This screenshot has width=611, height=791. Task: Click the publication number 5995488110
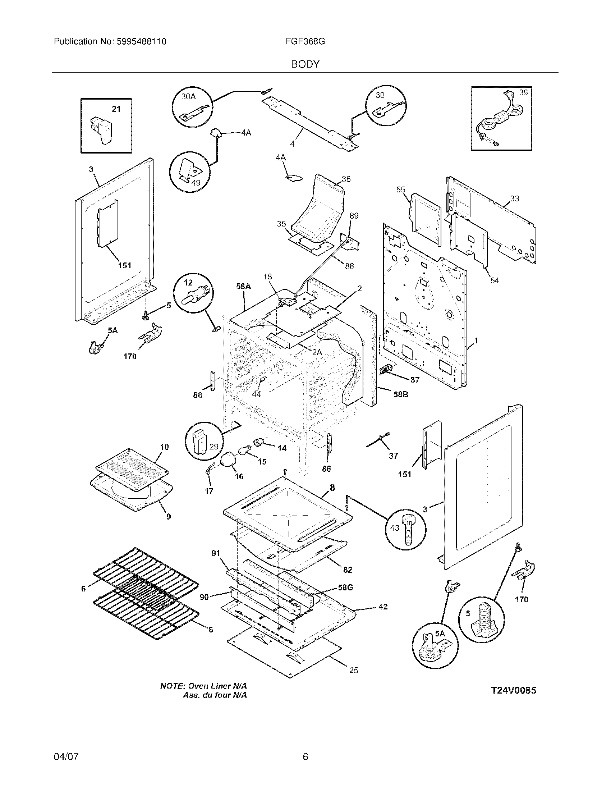(x=141, y=42)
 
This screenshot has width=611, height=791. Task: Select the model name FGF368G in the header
(x=305, y=42)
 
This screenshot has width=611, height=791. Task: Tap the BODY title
(x=305, y=64)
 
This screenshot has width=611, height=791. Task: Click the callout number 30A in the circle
(x=188, y=96)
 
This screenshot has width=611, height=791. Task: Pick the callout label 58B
(x=401, y=394)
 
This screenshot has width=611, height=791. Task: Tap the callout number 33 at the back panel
(x=514, y=198)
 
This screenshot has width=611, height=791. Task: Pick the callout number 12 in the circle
(x=188, y=283)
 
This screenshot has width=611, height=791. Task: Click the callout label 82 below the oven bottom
(x=347, y=570)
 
